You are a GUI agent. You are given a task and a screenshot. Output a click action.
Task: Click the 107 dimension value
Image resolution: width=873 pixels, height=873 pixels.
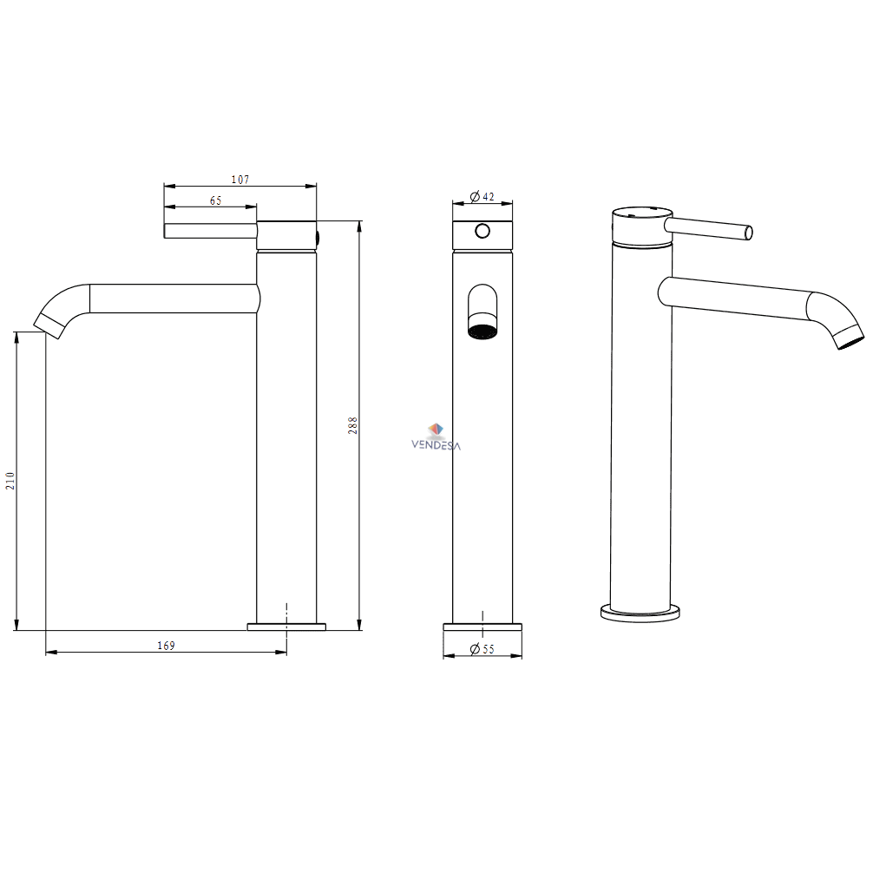pyautogui.click(x=240, y=180)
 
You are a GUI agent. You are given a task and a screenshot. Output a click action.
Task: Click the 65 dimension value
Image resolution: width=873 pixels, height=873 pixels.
pyautogui.click(x=215, y=200)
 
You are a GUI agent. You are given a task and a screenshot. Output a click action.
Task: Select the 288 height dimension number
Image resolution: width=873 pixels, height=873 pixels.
pyautogui.click(x=352, y=425)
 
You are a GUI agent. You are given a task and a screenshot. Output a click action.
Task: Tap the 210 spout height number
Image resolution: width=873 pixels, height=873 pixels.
pyautogui.click(x=10, y=481)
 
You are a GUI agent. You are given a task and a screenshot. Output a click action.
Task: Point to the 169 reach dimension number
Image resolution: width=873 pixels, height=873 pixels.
pyautogui.click(x=166, y=646)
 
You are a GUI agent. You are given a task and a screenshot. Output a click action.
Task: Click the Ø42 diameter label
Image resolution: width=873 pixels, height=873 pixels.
pyautogui.click(x=482, y=196)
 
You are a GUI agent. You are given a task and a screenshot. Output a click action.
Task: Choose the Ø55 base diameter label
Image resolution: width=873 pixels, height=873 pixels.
pyautogui.click(x=482, y=649)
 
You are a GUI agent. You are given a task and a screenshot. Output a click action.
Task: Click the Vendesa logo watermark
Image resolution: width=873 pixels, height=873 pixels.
pyautogui.click(x=436, y=437)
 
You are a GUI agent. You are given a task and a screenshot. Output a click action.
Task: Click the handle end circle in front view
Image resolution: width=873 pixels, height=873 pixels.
pyautogui.click(x=482, y=231)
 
